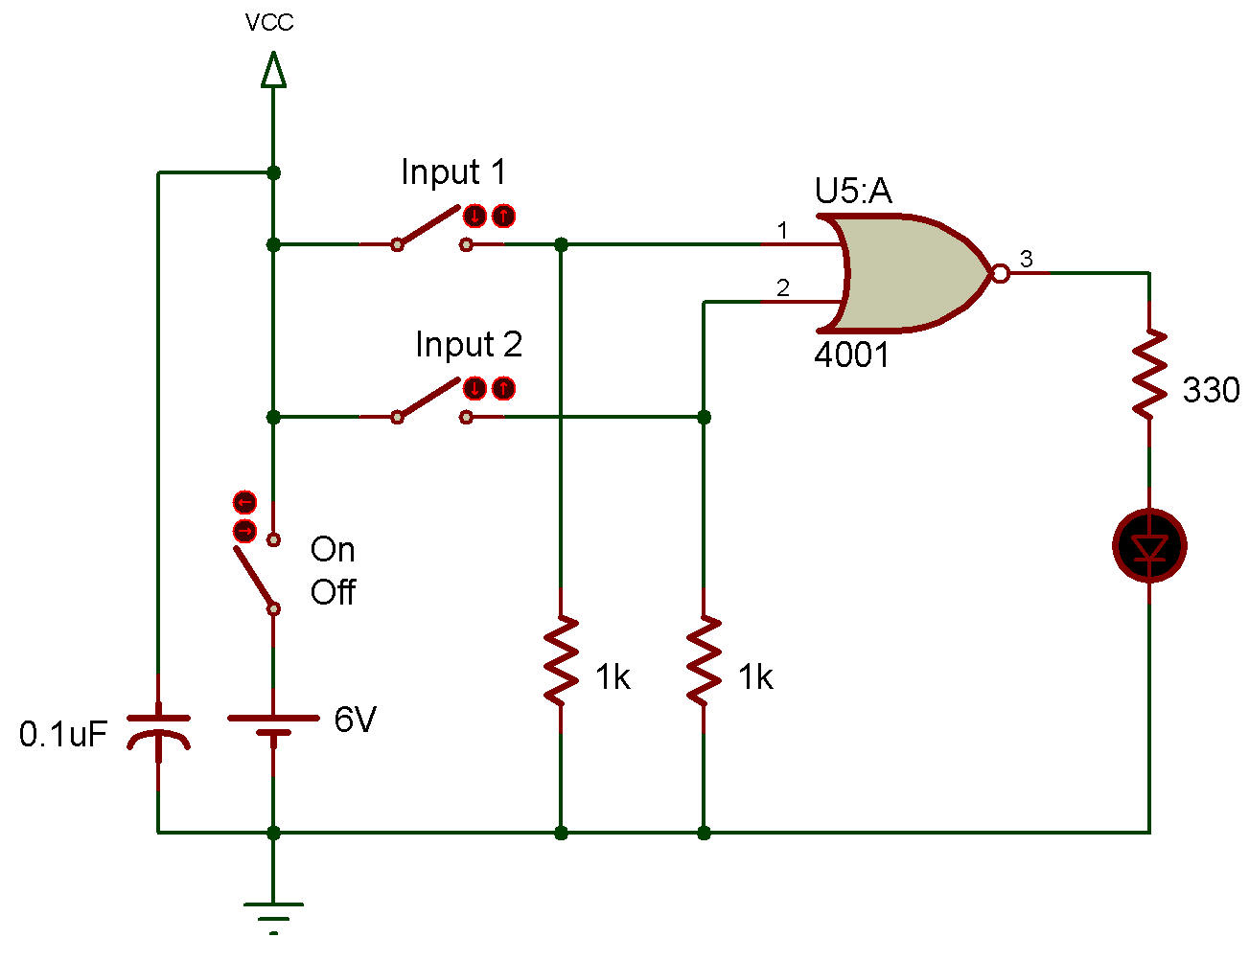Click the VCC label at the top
click(x=269, y=23)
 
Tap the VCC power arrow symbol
click(x=273, y=70)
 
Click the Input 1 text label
click(x=453, y=172)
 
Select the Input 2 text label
click(x=469, y=344)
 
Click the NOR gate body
click(x=908, y=273)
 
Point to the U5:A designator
click(x=853, y=191)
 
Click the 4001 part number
click(x=851, y=355)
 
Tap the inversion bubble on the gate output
click(x=1001, y=273)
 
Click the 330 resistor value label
click(x=1211, y=390)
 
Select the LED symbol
click(x=1149, y=545)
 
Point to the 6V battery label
click(x=356, y=720)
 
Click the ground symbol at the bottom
click(x=273, y=919)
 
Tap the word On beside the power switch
click(x=333, y=550)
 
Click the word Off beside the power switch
click(x=333, y=592)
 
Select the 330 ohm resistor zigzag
click(x=1149, y=374)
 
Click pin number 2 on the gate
click(x=783, y=287)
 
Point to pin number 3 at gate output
click(x=1026, y=259)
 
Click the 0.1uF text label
click(x=63, y=734)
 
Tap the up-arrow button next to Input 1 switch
click(x=503, y=217)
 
